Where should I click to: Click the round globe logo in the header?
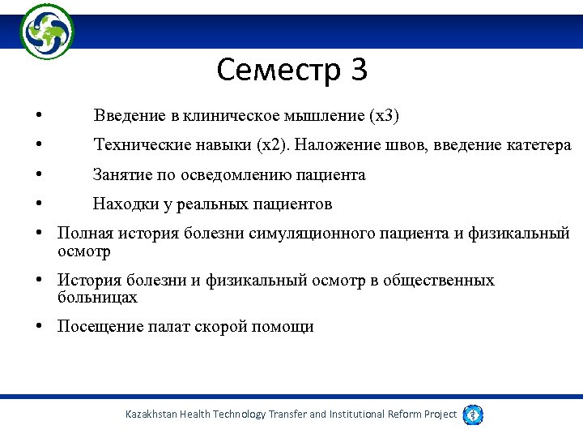pyautogui.click(x=47, y=32)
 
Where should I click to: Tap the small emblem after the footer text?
pyautogui.click(x=473, y=414)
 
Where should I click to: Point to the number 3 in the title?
pyautogui.click(x=359, y=71)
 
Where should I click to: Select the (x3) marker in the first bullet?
pyautogui.click(x=385, y=116)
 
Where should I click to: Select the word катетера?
pyautogui.click(x=538, y=145)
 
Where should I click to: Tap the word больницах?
pyautogui.click(x=97, y=298)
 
